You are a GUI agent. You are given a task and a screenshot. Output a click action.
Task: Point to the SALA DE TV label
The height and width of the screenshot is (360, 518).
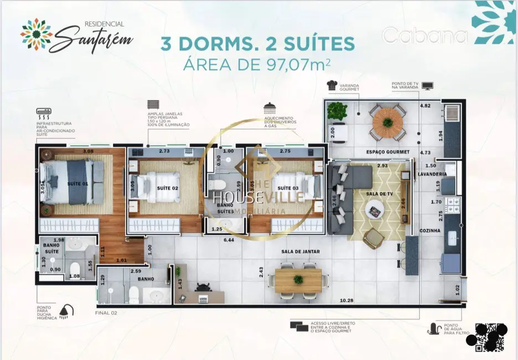click(379, 194)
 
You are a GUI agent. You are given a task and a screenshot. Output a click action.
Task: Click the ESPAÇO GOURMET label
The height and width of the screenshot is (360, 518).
click(387, 152)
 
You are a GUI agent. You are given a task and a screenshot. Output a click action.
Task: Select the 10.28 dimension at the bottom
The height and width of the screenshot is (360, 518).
click(346, 301)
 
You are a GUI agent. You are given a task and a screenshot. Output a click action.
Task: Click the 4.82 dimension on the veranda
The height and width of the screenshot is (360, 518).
click(425, 105)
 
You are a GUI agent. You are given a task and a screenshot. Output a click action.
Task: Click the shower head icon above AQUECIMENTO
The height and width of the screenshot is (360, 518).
click(270, 107)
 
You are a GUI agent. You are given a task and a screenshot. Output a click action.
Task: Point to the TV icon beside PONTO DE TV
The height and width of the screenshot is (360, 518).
click(427, 86)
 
